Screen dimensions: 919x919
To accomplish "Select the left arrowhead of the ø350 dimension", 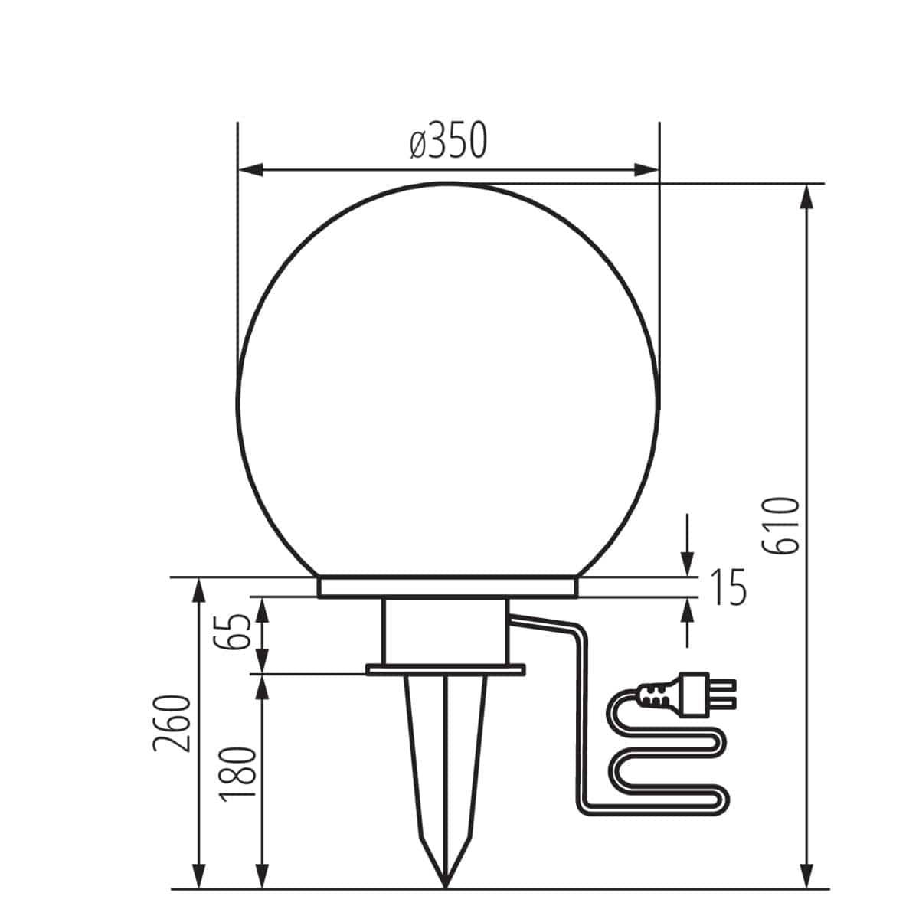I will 250,169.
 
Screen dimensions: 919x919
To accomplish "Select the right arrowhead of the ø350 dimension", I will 647,169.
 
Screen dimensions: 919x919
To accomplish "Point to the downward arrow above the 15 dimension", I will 688,563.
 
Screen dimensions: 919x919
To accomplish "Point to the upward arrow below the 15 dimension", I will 688,610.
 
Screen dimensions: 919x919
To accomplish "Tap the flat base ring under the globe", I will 446,587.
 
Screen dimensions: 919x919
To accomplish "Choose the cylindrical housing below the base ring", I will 444,631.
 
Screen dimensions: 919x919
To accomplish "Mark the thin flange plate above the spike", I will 446,670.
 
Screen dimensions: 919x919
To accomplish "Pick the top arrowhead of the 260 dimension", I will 198,590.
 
